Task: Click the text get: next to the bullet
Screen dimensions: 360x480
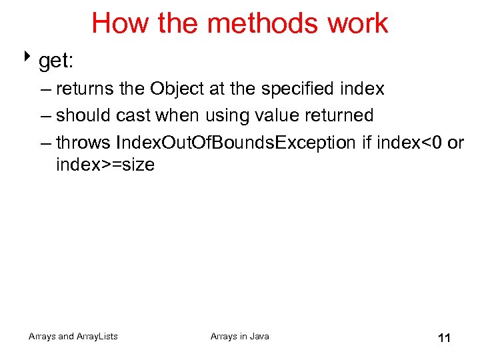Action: [56, 62]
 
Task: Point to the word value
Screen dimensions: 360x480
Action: [282, 115]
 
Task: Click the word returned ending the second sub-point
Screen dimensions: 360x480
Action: [343, 115]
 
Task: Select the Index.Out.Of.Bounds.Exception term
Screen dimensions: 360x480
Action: [235, 143]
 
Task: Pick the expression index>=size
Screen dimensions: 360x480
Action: [105, 165]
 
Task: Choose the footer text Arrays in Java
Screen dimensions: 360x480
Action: [240, 337]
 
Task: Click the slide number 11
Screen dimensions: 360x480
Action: [444, 339]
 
